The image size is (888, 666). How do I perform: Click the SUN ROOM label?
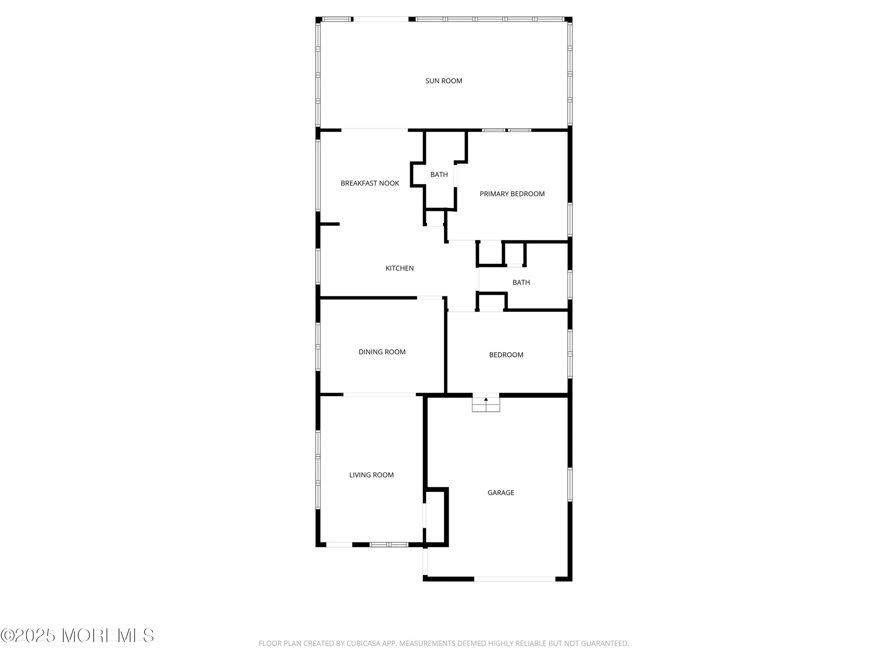tap(444, 81)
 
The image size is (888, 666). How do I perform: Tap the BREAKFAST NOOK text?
tap(370, 183)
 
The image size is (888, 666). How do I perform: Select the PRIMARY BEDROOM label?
tap(512, 194)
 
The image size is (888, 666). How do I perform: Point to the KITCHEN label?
tap(400, 268)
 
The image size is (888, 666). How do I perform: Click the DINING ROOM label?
tap(382, 352)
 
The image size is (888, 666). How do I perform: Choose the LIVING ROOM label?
tap(371, 475)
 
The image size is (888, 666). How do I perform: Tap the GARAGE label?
tap(501, 493)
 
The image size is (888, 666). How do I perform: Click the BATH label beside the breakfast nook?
tap(439, 175)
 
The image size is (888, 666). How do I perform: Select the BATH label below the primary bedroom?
tap(521, 282)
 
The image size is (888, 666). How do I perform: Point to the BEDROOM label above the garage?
tap(506, 355)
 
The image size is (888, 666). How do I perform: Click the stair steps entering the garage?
tap(486, 405)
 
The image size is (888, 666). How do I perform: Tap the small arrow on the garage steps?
tap(486, 400)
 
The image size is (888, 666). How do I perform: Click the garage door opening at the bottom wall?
tap(515, 579)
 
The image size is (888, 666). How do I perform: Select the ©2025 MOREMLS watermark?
tap(77, 636)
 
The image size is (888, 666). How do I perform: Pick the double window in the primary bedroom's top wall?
tap(507, 130)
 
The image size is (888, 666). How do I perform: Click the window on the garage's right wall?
tap(570, 484)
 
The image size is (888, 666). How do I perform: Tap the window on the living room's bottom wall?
tap(389, 544)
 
